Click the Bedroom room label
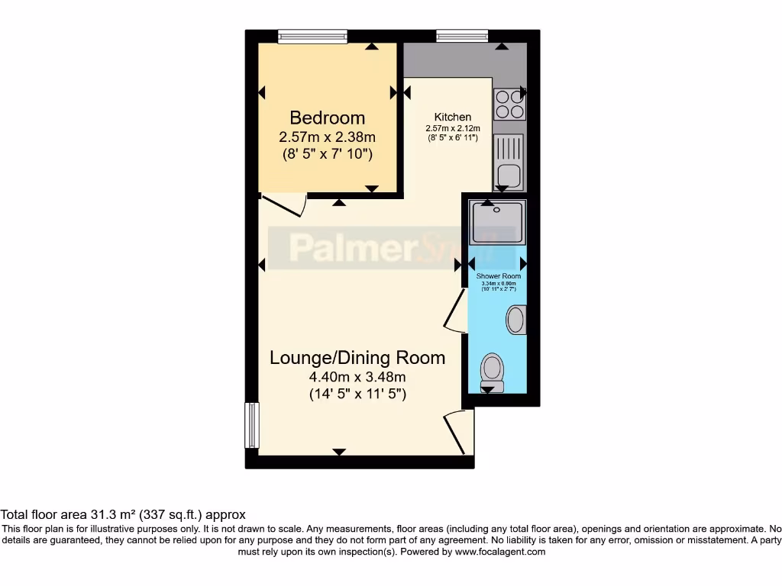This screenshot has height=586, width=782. pos(327,118)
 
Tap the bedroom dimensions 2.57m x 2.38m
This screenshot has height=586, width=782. pos(327,137)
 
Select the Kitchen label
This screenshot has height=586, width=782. pos(453,117)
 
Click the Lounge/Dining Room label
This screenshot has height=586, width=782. pos(357,357)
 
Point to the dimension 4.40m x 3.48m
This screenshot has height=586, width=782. pos(357,377)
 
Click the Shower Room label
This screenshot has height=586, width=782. pos(498,275)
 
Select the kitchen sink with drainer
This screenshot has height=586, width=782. pos(509,163)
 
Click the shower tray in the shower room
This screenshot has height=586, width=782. pos(497,222)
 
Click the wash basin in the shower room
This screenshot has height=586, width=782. pos(517,319)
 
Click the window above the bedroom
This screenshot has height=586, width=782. pos(312,35)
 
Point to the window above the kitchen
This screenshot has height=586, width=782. pos(462,35)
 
